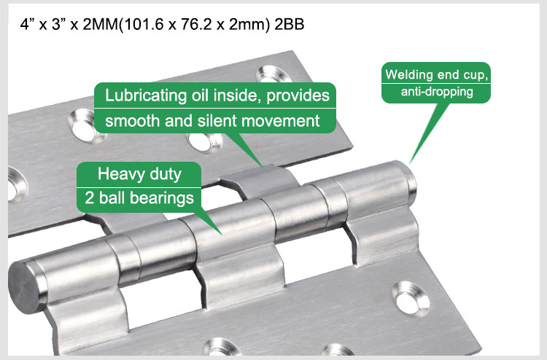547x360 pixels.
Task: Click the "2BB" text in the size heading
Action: click(290, 25)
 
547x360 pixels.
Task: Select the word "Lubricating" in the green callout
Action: click(146, 95)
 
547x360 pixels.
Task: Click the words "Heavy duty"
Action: click(139, 174)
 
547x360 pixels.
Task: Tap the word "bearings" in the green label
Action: click(164, 198)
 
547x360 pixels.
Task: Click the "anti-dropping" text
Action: click(437, 92)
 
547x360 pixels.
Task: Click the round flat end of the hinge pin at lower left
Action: click(25, 287)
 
